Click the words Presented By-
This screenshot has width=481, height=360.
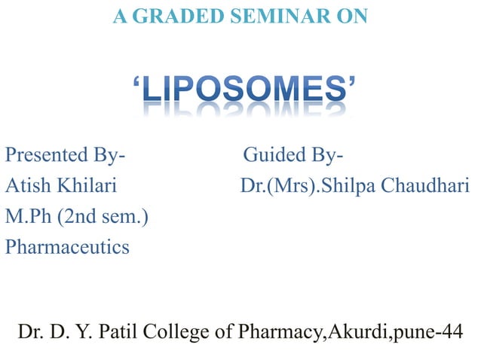pyautogui.click(x=66, y=155)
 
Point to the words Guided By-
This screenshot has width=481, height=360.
pyautogui.click(x=294, y=155)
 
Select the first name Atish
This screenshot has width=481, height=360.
pyautogui.click(x=26, y=185)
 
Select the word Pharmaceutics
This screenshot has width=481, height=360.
pyautogui.click(x=67, y=246)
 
